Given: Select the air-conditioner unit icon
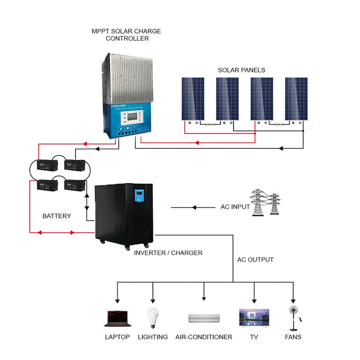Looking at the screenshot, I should coord(204,318).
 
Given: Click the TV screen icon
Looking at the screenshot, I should coord(254,317).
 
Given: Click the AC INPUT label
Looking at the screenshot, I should coord(235,207).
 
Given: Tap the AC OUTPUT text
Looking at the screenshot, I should coord(255,260).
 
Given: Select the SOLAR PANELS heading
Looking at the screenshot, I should coord(241,70).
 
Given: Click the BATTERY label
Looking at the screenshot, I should coord(57,216).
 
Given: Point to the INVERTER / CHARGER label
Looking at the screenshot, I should coord(168,252).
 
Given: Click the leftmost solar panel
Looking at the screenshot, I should coord(192,98).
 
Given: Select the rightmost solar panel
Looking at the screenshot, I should coord(296,98).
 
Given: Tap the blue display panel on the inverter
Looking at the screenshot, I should coord(140,195).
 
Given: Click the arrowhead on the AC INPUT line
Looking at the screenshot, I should coord(194,207).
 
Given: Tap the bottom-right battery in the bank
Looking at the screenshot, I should coord(74,185).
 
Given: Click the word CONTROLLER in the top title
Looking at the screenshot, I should coord(127,38).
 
